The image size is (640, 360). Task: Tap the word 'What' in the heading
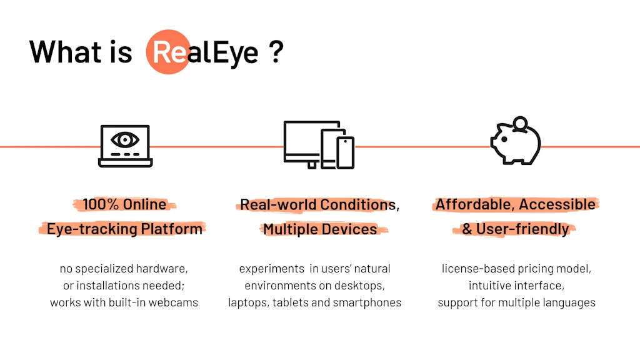point(60,52)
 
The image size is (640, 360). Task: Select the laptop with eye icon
point(125,146)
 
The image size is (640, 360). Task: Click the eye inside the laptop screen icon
point(125,137)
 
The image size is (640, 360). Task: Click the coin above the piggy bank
point(519,122)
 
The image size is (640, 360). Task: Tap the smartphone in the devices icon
point(345,152)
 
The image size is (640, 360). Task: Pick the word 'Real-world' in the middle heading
point(277,204)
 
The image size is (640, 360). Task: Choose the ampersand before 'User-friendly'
point(467,229)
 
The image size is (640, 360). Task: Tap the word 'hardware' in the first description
point(162,269)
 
